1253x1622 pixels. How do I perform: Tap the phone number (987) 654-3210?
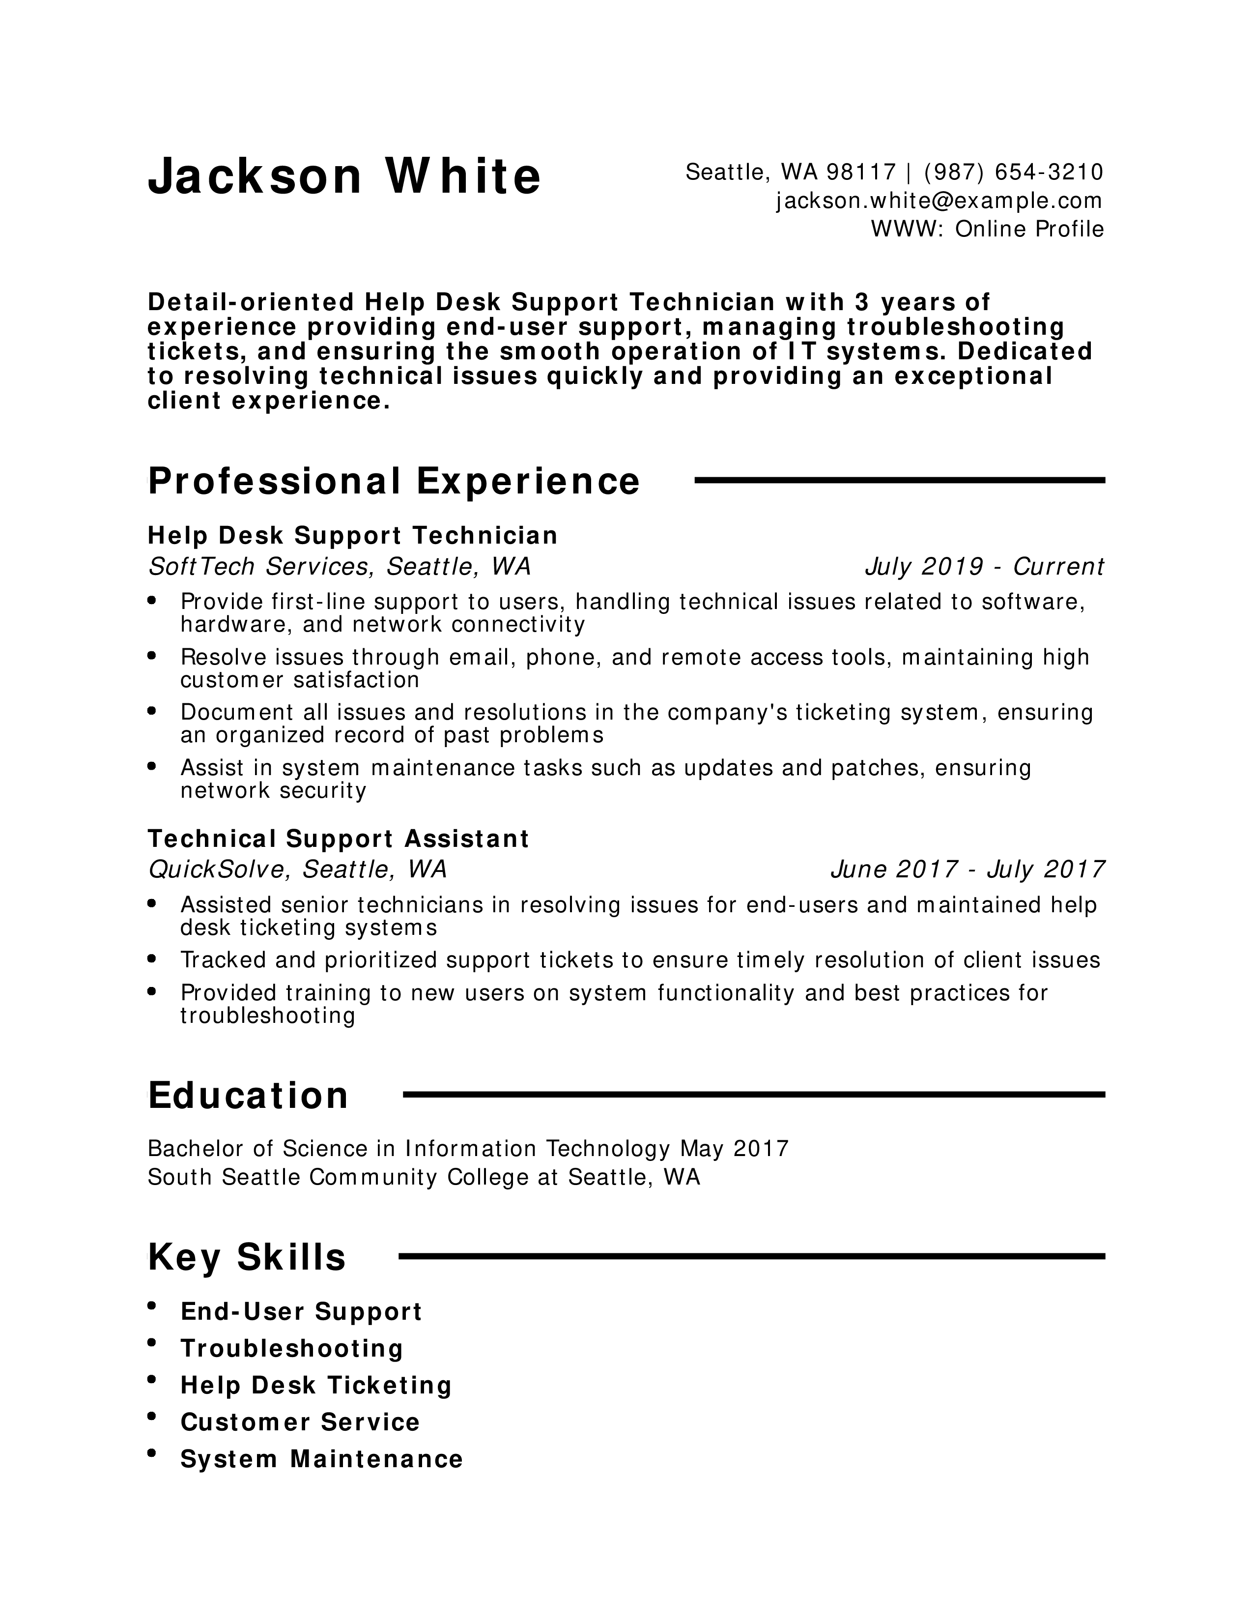click(x=1014, y=173)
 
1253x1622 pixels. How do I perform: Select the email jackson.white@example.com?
click(x=940, y=201)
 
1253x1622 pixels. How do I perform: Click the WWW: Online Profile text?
click(x=987, y=229)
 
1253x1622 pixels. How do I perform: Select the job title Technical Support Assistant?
click(x=339, y=839)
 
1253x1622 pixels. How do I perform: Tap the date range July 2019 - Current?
click(x=984, y=567)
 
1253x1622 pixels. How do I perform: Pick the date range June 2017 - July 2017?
click(x=967, y=869)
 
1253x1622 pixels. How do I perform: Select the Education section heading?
click(x=248, y=1096)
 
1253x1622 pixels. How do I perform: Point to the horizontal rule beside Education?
click(x=753, y=1095)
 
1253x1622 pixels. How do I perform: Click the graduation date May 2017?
click(x=734, y=1150)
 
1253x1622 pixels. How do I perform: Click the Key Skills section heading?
click(x=247, y=1257)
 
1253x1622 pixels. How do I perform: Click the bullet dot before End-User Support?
click(x=152, y=1305)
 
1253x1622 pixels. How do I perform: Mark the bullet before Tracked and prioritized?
click(x=152, y=959)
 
